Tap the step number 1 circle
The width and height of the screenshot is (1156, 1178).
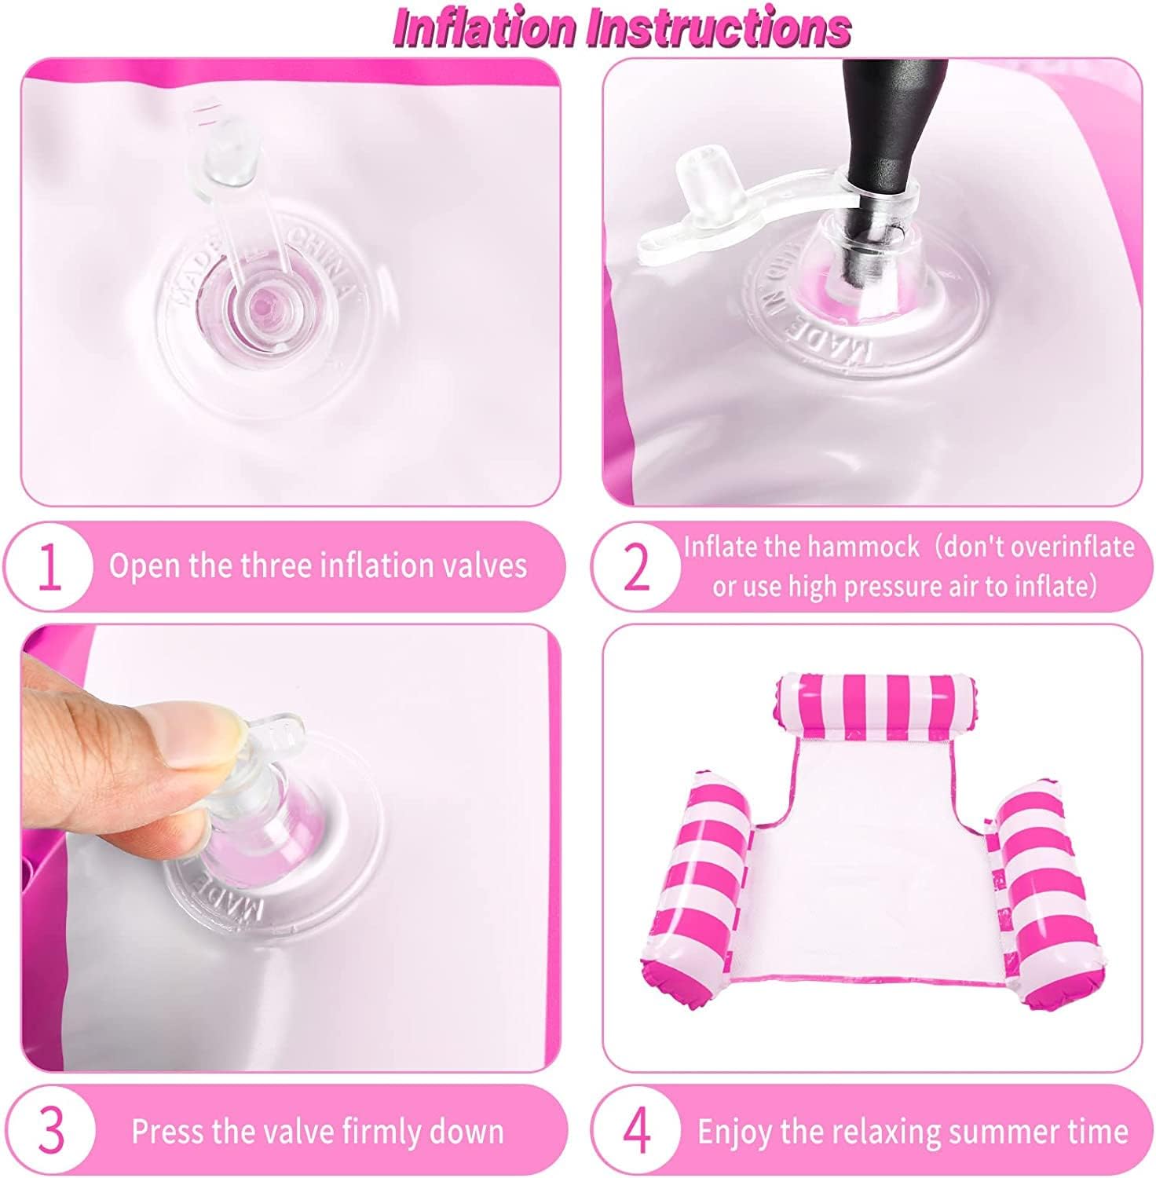pyautogui.click(x=49, y=566)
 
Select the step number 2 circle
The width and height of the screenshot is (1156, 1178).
pyautogui.click(x=636, y=566)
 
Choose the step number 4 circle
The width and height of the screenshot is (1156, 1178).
pyautogui.click(x=636, y=1131)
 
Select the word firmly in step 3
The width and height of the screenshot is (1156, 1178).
pyautogui.click(x=379, y=1132)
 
